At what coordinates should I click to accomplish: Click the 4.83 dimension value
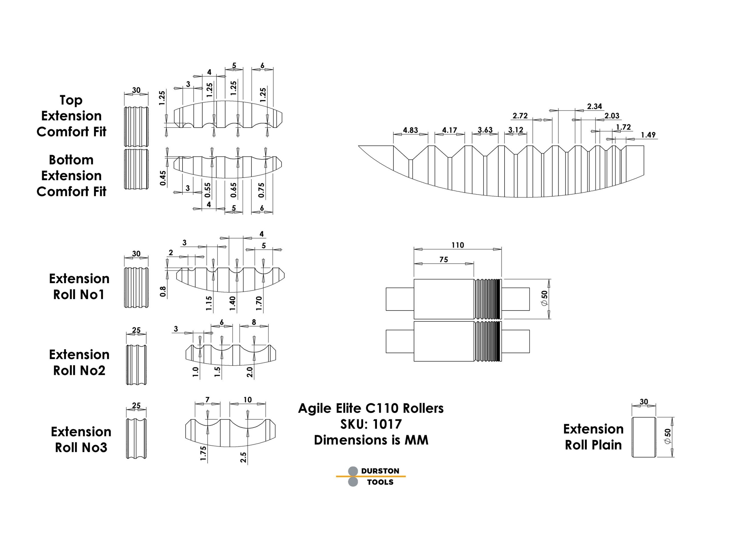click(x=410, y=130)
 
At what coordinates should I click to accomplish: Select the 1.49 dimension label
click(x=648, y=135)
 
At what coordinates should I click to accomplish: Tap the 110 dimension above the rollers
click(x=458, y=245)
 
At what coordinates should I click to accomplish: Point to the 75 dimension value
click(x=443, y=260)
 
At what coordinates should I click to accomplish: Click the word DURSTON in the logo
click(x=380, y=471)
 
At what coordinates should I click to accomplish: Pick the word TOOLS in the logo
click(x=380, y=482)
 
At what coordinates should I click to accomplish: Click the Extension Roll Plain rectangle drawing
click(x=643, y=437)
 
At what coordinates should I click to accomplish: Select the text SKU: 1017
click(x=371, y=424)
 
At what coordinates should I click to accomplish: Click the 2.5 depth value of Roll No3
click(x=244, y=457)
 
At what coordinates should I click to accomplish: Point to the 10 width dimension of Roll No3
click(x=248, y=400)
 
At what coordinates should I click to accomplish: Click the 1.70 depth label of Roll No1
click(x=259, y=303)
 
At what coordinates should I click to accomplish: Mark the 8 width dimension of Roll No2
click(x=254, y=322)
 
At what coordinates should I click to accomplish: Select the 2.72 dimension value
click(x=520, y=116)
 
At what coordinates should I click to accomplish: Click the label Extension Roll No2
click(x=79, y=362)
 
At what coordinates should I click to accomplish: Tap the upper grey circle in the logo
click(x=353, y=471)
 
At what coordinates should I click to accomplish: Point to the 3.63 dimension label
click(x=485, y=130)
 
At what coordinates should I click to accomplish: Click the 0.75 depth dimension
click(x=261, y=190)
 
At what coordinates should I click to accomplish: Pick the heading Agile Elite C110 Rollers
click(x=371, y=408)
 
